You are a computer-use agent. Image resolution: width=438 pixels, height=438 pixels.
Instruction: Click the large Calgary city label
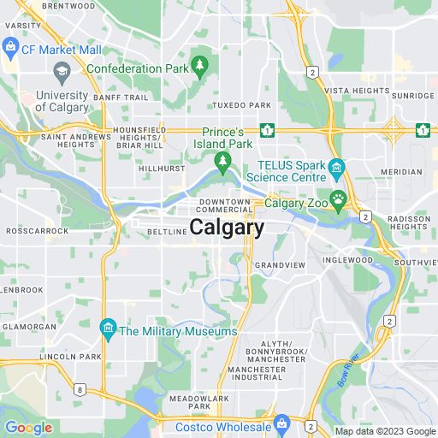[x=227, y=228]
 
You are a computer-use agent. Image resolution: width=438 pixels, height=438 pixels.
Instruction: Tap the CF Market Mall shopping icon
[x=11, y=44]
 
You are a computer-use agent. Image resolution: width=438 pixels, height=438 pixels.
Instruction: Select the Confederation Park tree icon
[x=199, y=63]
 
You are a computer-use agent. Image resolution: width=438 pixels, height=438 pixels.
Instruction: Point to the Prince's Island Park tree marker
[x=222, y=160]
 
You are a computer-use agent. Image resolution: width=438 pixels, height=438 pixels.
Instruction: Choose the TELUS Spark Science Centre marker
[x=337, y=166]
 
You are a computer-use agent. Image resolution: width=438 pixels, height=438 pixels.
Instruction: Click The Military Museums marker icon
[x=108, y=328]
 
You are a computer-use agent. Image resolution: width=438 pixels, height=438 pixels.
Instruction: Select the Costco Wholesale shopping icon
[x=281, y=422]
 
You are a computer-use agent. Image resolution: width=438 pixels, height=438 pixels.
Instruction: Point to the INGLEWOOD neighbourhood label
[x=348, y=259]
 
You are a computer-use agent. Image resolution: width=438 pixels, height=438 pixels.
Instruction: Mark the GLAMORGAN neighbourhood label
[x=28, y=326]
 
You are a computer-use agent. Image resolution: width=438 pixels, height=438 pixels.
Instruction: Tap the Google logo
[x=28, y=428]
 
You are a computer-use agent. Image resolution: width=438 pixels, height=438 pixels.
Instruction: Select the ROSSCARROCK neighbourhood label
[x=32, y=231]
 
